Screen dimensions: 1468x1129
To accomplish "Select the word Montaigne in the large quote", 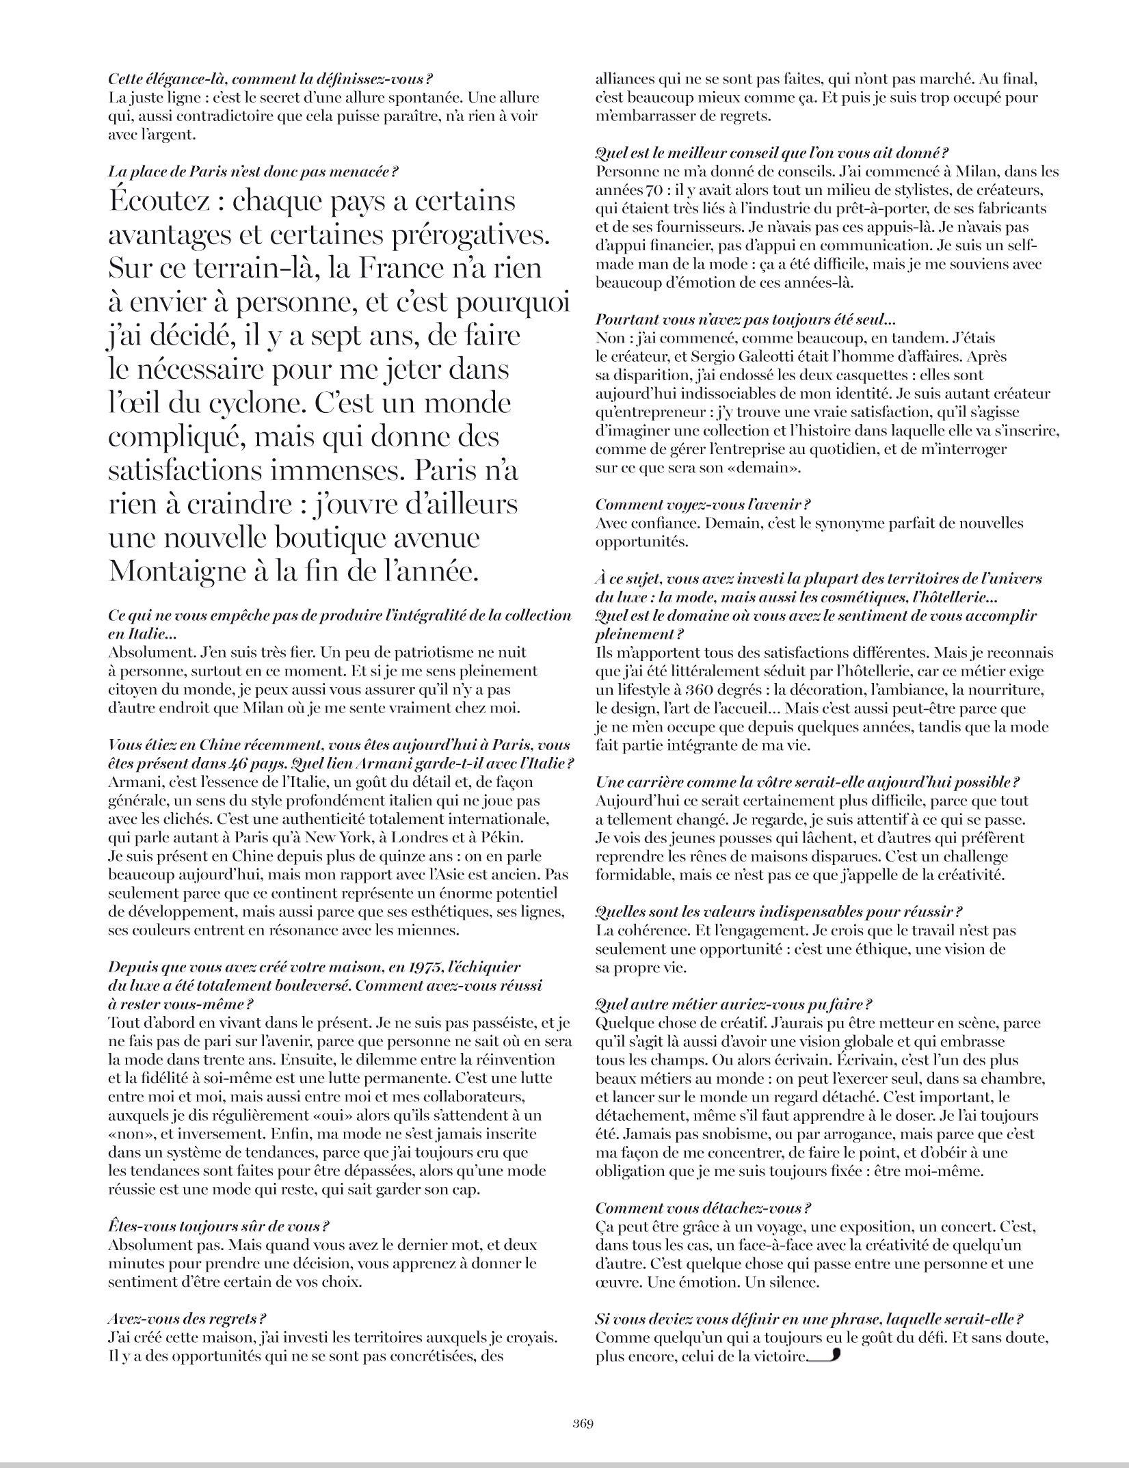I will (x=180, y=570).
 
